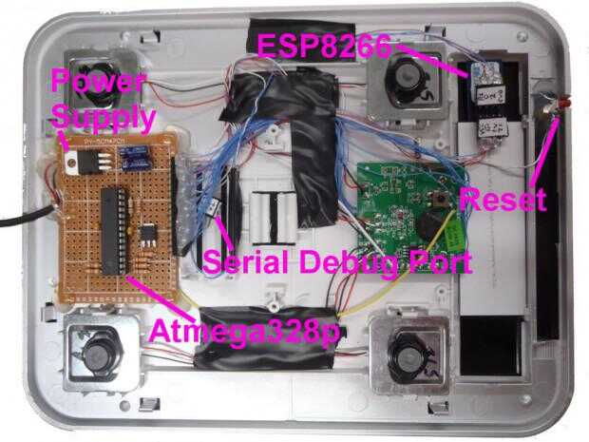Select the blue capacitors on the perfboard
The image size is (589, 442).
point(134,150)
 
